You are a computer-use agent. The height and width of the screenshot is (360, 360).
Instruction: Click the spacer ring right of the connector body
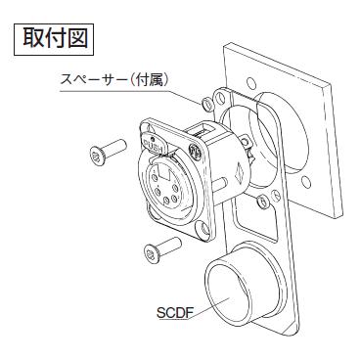click(262, 203)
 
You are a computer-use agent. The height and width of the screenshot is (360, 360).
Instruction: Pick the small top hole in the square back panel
click(256, 83)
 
